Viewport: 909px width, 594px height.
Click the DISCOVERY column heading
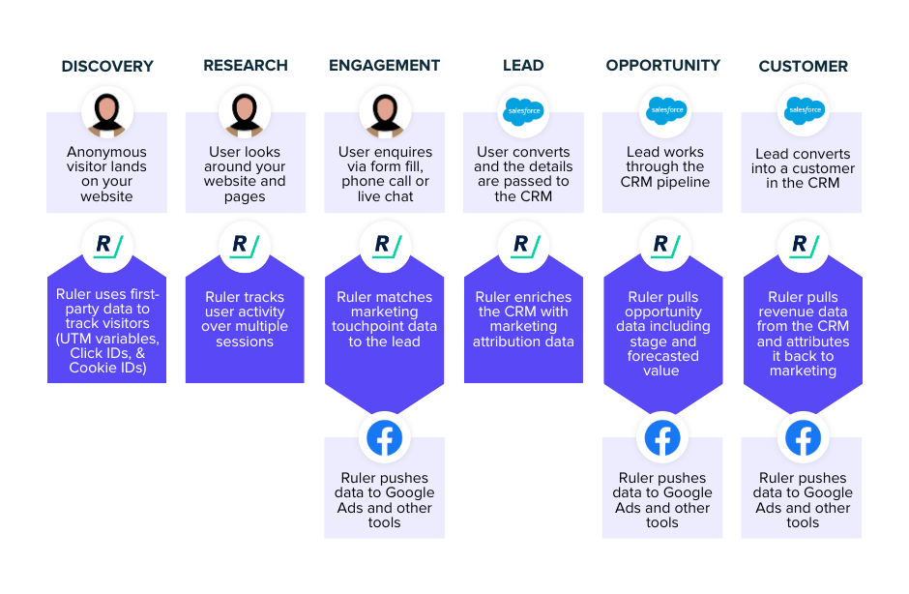click(x=107, y=66)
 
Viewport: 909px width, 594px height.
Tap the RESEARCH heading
click(x=246, y=66)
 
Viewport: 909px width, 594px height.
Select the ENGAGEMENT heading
click(x=384, y=66)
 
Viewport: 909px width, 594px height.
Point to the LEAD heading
click(x=523, y=66)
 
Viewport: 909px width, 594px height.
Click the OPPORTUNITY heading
click(x=662, y=66)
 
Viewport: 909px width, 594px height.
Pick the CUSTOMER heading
click(x=803, y=66)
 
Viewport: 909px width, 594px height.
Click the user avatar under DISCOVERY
click(x=107, y=112)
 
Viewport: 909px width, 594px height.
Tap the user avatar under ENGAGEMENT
click(x=385, y=112)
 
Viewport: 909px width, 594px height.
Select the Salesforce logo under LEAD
click(x=523, y=111)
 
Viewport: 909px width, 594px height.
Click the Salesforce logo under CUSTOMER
click(x=804, y=110)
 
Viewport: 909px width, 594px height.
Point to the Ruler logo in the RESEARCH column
click(x=245, y=246)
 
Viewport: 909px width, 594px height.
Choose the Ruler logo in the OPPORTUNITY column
click(x=665, y=246)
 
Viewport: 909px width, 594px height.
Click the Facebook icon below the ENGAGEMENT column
click(x=384, y=438)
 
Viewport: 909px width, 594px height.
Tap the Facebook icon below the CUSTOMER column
click(x=803, y=438)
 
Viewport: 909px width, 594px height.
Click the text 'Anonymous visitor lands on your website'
click(x=106, y=174)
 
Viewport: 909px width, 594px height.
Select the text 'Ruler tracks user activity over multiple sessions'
click(x=245, y=319)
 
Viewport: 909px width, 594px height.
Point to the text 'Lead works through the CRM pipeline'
click(x=665, y=167)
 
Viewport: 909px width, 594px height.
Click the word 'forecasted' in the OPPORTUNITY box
click(x=662, y=356)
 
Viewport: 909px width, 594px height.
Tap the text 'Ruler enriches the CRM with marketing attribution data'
click(x=523, y=319)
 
